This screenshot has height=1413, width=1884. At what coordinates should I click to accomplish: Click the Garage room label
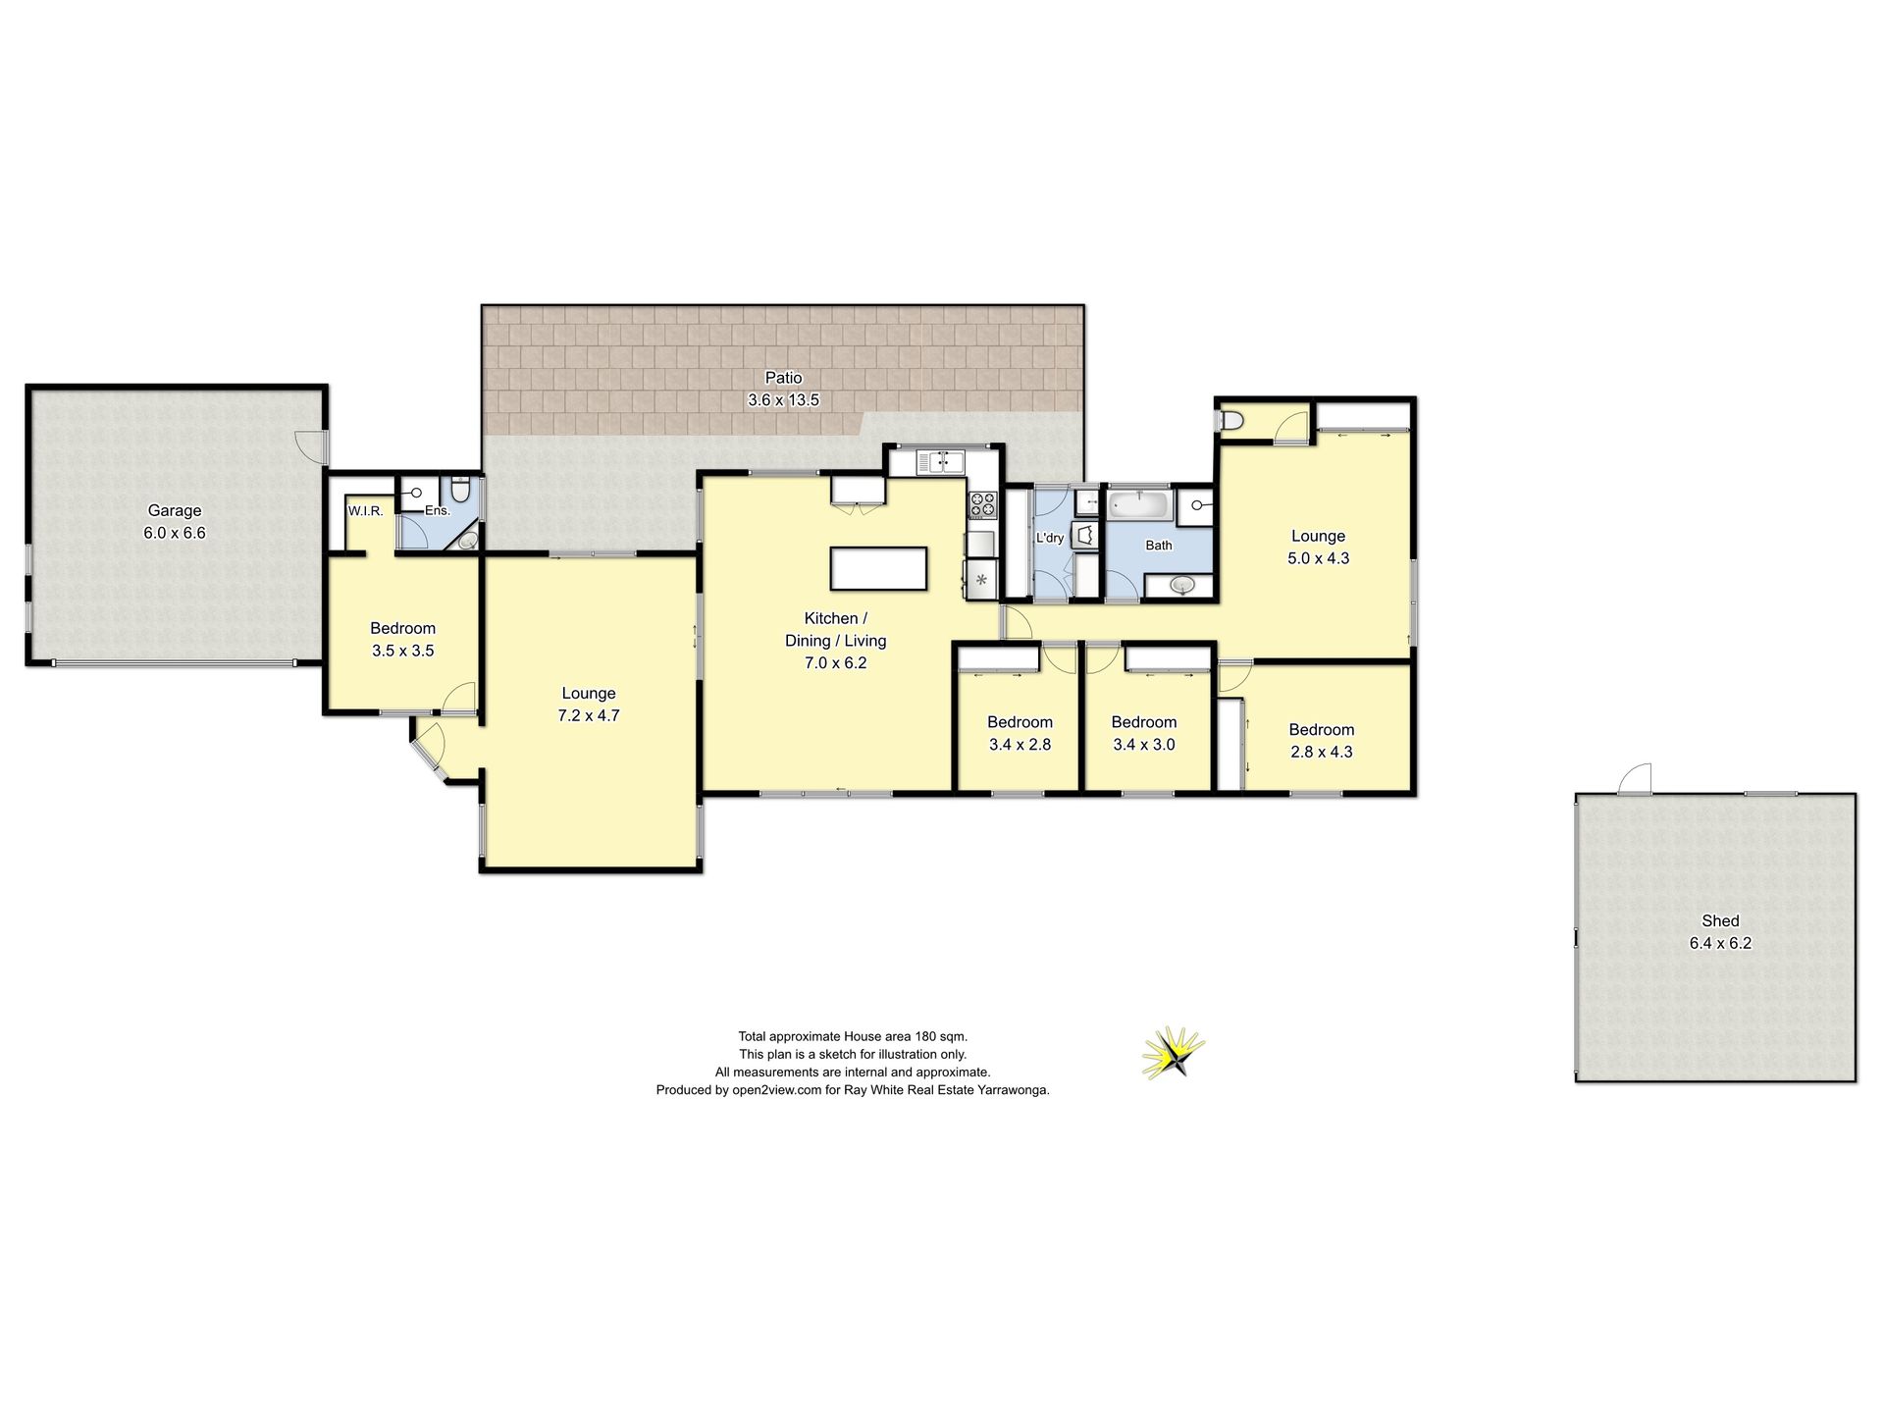pos(175,510)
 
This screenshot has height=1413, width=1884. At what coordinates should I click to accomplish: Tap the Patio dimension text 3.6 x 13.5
pos(783,400)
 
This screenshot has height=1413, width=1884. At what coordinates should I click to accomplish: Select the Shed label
pos(1720,920)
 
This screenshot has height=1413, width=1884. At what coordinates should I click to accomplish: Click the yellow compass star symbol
pos(1174,1054)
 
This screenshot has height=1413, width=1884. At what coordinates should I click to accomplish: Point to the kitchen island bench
pos(878,568)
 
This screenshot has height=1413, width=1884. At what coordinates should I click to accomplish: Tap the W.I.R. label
pos(365,511)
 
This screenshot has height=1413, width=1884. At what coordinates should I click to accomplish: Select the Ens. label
pos(438,511)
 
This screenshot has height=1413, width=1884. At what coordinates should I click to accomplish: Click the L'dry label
pos(1050,538)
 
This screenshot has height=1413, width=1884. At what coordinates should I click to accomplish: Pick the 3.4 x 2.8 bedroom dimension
pos(1020,745)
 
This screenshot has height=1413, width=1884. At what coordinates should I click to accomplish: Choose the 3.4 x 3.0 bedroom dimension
pos(1144,745)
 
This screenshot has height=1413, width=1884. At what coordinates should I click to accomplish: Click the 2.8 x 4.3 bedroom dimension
pos(1321,752)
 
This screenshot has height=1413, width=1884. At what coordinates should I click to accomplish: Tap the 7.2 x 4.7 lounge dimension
pos(589,715)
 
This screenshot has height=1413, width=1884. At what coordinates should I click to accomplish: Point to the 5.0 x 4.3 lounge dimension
pos(1318,558)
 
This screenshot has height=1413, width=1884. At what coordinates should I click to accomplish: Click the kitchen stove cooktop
pos(982,505)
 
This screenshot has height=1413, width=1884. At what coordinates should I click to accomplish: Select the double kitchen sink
pos(940,462)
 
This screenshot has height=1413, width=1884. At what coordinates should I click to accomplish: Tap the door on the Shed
pos(1635,779)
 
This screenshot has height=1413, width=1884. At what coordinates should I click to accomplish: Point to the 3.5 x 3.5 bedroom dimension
pos(402,651)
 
